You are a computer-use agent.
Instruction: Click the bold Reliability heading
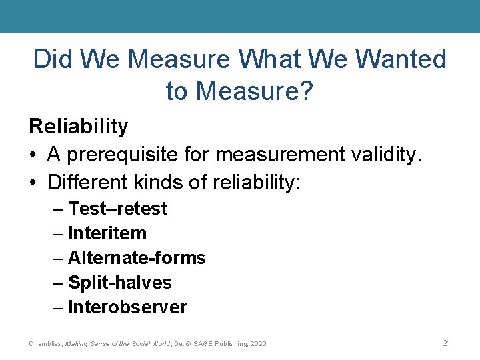(x=78, y=125)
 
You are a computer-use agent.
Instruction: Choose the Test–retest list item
(x=117, y=209)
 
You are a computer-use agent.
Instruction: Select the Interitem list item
(x=107, y=233)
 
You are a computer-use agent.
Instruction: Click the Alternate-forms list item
(x=137, y=258)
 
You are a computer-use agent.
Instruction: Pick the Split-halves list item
(x=120, y=283)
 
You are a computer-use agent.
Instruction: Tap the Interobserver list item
(x=127, y=307)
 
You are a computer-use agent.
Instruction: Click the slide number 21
(x=447, y=343)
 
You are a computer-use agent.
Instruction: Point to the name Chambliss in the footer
(x=45, y=343)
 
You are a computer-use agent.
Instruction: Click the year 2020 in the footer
(x=257, y=343)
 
